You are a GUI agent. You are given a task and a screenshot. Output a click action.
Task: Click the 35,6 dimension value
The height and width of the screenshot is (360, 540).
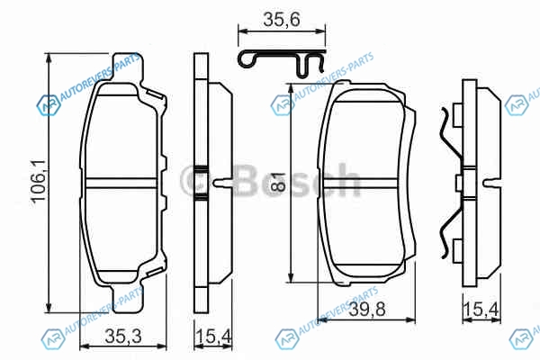[x=282, y=20]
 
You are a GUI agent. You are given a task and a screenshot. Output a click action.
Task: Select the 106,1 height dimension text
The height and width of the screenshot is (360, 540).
[x=38, y=181]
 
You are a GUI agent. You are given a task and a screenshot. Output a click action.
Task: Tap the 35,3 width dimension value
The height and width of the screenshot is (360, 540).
[x=123, y=337]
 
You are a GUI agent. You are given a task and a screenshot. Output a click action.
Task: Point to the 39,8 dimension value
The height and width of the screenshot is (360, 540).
[x=367, y=310]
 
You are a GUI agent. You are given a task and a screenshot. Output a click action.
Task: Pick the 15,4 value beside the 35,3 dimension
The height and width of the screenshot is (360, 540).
[x=213, y=337]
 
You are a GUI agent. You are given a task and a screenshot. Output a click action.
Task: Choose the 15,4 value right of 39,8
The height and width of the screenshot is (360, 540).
[x=481, y=309]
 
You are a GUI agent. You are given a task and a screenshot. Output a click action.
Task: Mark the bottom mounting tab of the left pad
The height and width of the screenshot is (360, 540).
[x=127, y=299]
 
